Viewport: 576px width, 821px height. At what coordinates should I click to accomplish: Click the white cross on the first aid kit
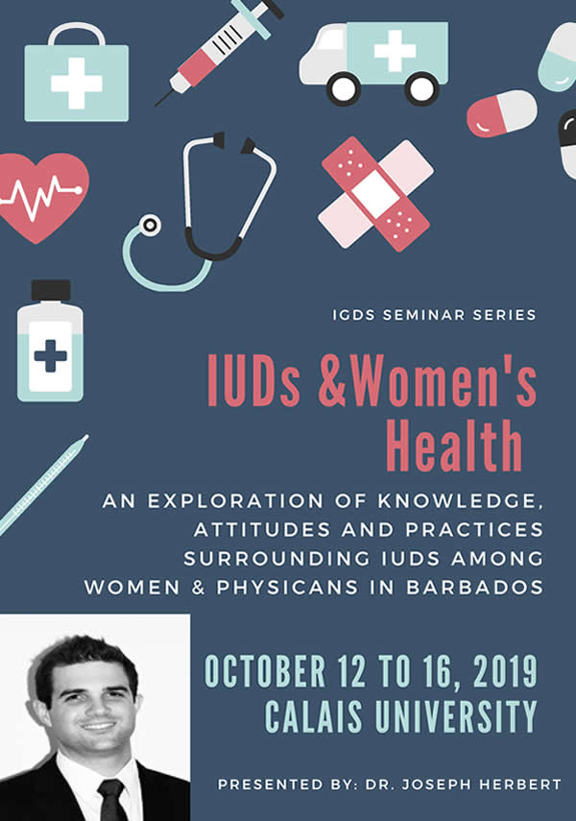coord(77,84)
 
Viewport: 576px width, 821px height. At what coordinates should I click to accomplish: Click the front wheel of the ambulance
coord(344,88)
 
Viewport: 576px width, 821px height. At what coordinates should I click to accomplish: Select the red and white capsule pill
coord(502,113)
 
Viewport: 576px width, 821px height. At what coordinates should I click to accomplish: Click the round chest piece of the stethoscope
coord(151,225)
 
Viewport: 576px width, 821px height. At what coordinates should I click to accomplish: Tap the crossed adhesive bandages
coord(375,194)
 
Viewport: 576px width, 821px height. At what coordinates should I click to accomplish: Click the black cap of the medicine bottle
coord(51,291)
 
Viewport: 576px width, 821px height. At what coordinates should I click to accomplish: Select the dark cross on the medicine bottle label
coord(50,356)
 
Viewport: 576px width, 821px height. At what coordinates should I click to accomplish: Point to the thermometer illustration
coord(43,484)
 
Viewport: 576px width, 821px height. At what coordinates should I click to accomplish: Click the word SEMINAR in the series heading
coord(424,315)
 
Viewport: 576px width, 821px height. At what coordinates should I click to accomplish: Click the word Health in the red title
coord(454,447)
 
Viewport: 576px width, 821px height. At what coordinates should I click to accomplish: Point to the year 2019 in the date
coord(505,671)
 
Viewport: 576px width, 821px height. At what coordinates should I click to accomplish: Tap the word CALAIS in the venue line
coord(313,716)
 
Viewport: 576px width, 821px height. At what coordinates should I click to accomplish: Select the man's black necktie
coord(112,800)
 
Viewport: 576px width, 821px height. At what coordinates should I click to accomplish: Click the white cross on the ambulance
coord(396,51)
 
